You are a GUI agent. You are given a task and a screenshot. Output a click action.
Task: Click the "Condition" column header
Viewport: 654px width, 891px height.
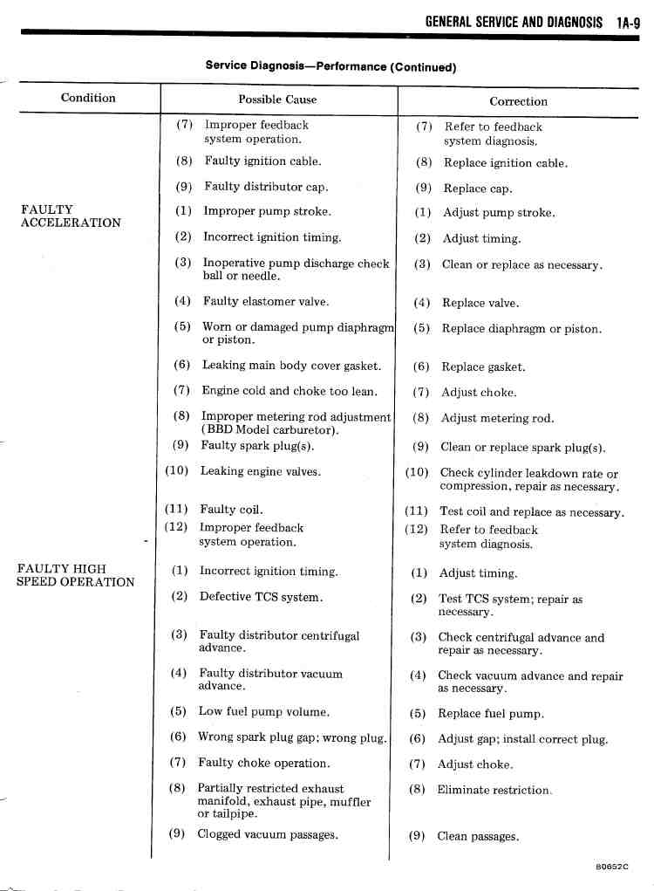(x=88, y=98)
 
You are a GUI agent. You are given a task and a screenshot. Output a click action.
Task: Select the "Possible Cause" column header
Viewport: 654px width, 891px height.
(x=277, y=99)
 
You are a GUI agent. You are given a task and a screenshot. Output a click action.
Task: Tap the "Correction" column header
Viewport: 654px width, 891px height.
(x=518, y=101)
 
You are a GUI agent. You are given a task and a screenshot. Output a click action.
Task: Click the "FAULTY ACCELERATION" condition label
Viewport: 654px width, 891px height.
(x=71, y=216)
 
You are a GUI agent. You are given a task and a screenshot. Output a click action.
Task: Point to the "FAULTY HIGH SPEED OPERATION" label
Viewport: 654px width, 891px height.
(x=76, y=575)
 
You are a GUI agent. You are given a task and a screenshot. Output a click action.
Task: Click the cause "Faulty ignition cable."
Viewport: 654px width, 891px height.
(x=262, y=161)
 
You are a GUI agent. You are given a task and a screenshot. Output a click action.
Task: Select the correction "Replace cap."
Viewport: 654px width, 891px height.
(x=477, y=188)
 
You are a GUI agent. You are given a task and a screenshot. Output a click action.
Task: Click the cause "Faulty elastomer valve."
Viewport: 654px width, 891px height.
(x=266, y=302)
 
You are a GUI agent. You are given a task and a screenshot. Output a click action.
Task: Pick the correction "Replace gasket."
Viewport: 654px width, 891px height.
(x=483, y=367)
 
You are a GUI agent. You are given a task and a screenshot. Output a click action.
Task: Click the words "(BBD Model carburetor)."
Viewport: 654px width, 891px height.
(x=270, y=430)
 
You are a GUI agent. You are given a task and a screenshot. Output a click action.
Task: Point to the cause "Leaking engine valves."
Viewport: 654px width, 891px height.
(x=260, y=471)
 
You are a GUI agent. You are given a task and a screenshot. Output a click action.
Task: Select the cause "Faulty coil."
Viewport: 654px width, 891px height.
(x=231, y=510)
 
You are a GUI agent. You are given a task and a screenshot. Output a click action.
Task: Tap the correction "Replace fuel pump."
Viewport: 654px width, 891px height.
(x=491, y=714)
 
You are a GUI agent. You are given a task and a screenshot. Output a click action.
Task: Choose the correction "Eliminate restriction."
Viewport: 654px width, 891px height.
(x=494, y=791)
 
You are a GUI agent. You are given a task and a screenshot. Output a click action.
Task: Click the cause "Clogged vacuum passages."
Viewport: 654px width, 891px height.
(x=268, y=835)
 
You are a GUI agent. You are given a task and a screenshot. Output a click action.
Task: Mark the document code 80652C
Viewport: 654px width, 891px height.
(x=612, y=866)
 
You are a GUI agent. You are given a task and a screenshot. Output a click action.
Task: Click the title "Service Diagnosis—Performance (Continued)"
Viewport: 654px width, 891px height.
(x=330, y=65)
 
